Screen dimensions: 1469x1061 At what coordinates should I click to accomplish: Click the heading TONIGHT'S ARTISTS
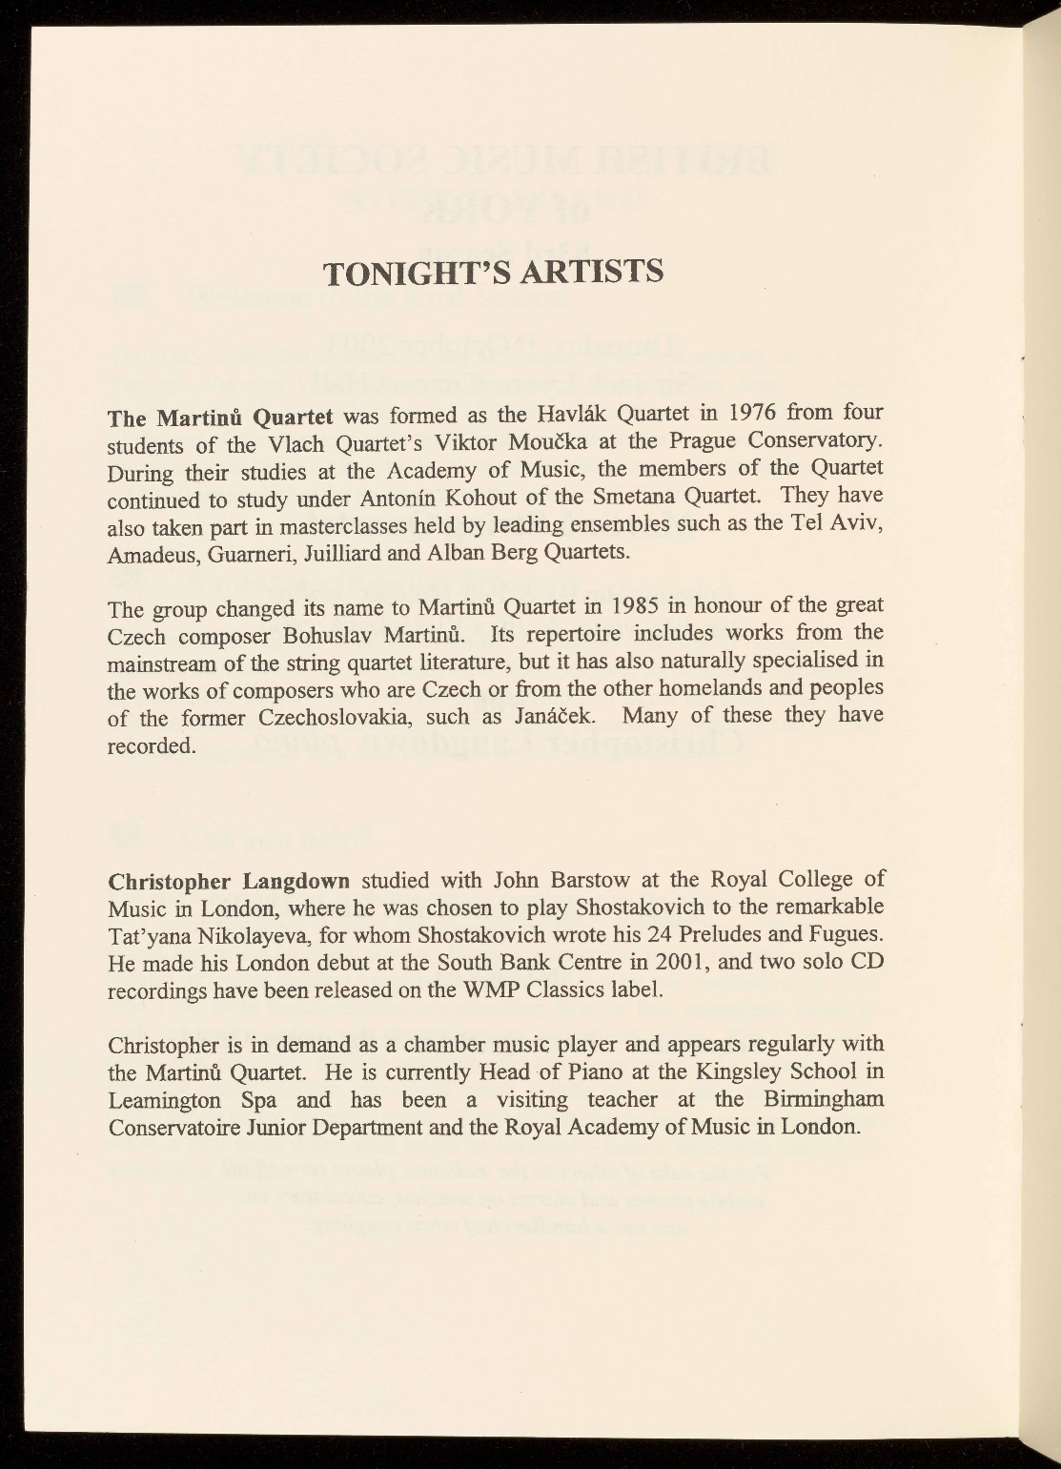pyautogui.click(x=493, y=273)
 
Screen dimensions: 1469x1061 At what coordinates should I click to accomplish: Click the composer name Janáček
pyautogui.click(x=557, y=716)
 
